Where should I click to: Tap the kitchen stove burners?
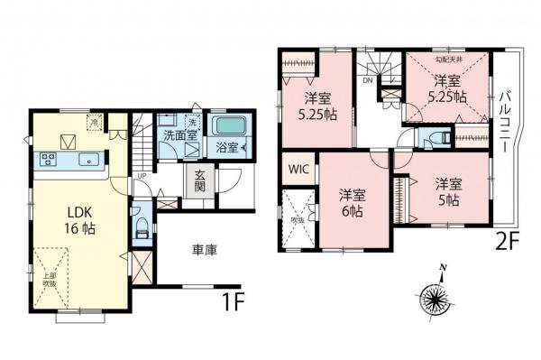(48, 160)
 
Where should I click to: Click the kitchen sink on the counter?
(91, 161)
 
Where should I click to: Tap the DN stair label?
(367, 80)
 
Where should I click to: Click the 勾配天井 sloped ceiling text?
(447, 60)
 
